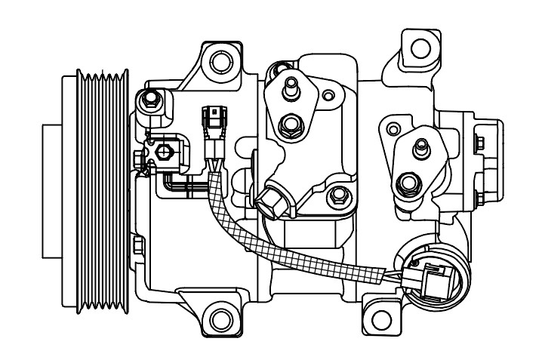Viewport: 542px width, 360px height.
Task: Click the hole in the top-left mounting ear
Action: (220, 60)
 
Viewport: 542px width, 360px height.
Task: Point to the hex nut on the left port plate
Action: (289, 124)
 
